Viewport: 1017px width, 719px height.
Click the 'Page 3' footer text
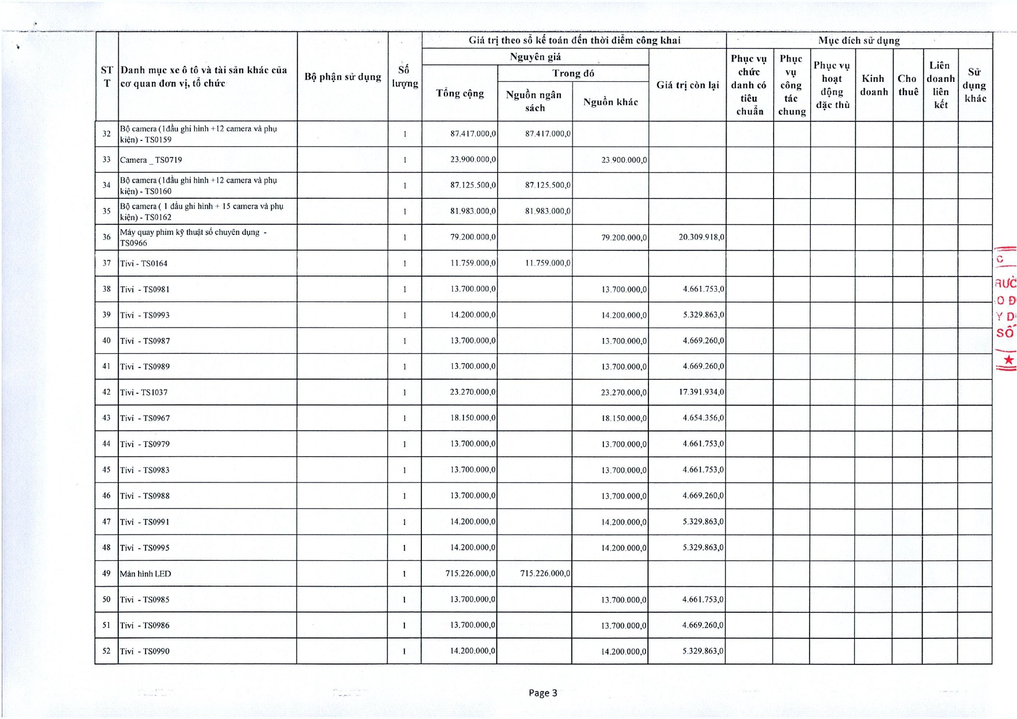click(542, 693)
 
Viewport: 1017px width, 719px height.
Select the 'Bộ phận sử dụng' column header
click(342, 77)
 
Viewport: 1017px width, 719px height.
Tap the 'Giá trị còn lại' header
click(687, 85)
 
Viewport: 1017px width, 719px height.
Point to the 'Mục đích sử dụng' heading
click(859, 41)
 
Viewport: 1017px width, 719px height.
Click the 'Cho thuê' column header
click(907, 85)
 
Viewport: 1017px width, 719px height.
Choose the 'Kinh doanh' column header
click(873, 85)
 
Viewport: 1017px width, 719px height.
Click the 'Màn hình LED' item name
click(145, 574)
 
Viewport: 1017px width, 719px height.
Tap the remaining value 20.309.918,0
click(701, 237)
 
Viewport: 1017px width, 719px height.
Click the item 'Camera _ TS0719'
click(151, 160)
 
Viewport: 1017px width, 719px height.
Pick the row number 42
click(107, 393)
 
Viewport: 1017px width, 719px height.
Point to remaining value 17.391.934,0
click(701, 393)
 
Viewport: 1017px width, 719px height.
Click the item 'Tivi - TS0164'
click(144, 264)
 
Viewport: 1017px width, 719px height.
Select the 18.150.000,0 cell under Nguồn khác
click(624, 419)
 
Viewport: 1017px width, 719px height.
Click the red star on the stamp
click(1009, 360)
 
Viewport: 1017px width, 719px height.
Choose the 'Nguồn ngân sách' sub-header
click(534, 101)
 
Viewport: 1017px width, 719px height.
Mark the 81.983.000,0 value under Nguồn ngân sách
click(547, 212)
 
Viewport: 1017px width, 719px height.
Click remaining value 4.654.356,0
click(703, 418)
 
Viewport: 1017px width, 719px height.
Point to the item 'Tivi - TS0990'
click(145, 652)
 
